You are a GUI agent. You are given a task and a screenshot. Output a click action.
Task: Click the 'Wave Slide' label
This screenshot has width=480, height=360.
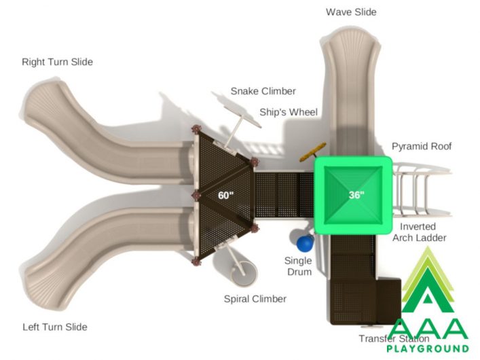coord(351,12)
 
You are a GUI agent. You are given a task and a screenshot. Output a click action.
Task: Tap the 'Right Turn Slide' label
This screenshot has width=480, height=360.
coord(57,62)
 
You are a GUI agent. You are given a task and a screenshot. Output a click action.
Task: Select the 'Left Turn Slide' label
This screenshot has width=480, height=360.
coord(55,327)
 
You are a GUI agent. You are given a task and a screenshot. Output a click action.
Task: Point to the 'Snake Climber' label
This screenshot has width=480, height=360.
coord(263,91)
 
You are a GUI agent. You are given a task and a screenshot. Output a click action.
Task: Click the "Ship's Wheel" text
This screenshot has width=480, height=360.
coord(289,113)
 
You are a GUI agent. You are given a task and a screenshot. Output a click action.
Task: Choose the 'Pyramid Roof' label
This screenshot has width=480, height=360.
coord(422,147)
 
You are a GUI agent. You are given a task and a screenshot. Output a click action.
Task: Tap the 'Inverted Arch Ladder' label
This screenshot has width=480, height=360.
coord(419,232)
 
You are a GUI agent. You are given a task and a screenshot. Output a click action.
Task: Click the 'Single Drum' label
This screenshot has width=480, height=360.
coord(298,266)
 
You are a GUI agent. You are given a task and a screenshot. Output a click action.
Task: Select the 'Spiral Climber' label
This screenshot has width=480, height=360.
coord(255,299)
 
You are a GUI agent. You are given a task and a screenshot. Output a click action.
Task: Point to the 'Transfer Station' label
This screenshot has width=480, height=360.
coord(394,338)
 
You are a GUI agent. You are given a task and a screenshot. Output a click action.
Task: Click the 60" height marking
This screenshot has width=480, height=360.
coord(226,195)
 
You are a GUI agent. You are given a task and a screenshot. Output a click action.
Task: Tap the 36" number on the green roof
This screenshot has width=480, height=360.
coord(356,195)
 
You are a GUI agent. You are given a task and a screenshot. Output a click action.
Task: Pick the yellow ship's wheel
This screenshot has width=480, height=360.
coord(312,152)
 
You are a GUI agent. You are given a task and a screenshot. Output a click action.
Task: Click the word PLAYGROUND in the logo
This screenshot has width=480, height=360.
coord(428,348)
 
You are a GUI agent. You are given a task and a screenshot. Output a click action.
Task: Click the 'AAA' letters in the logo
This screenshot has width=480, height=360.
coord(428,329)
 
